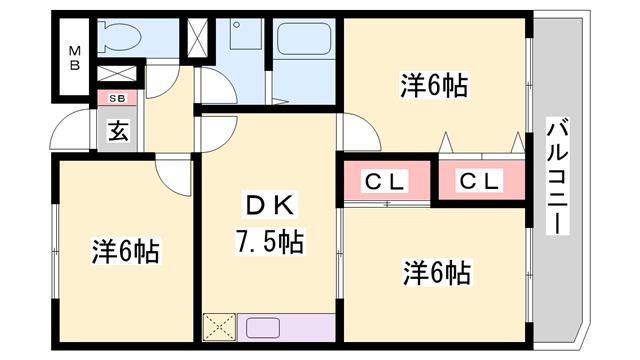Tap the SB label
click(117, 98)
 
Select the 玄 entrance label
click(118, 130)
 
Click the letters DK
click(270, 206)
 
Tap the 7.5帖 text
click(270, 241)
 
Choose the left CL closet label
click(385, 181)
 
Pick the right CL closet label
click(481, 181)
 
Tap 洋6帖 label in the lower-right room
click(438, 271)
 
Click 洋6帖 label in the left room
click(126, 252)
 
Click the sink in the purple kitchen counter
click(264, 328)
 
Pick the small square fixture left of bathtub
click(242, 38)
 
